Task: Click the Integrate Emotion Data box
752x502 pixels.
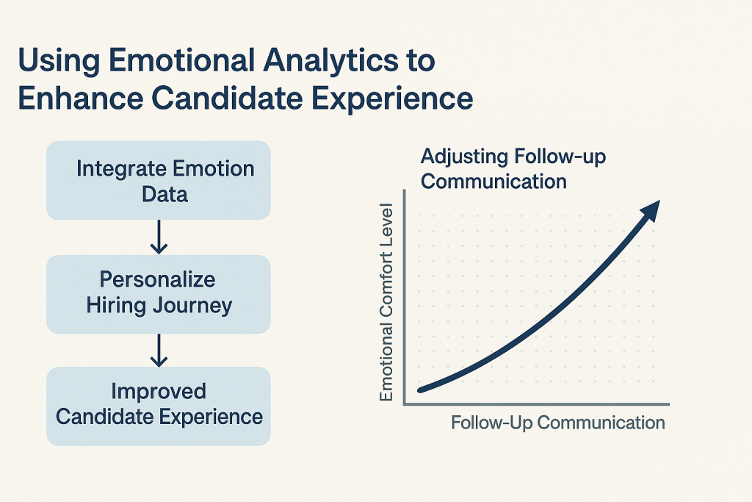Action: coord(158,181)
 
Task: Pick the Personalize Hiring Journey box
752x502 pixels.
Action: coord(158,293)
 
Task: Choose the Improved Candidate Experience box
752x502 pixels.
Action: coord(158,405)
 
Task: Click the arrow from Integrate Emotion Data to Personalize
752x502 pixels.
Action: coord(159,237)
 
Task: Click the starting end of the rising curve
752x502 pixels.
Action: coord(420,389)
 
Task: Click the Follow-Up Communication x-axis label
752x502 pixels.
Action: coord(557,423)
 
